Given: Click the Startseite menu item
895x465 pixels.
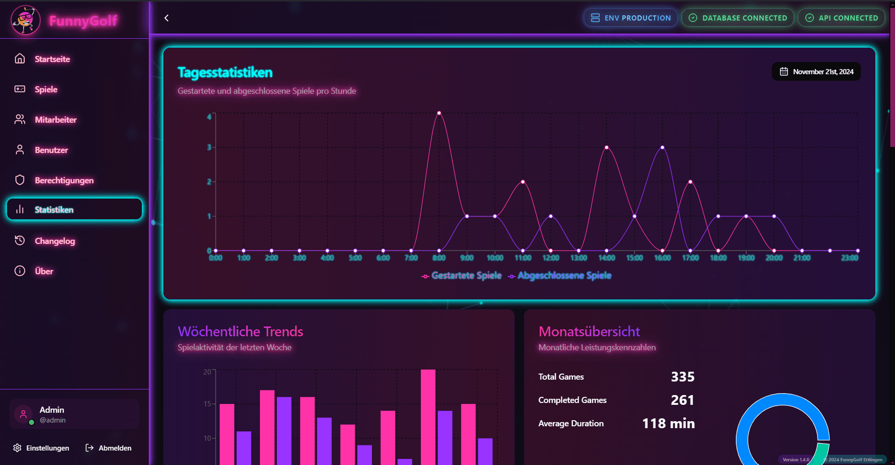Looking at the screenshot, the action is point(52,59).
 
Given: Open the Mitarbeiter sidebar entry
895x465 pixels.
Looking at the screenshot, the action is point(56,120).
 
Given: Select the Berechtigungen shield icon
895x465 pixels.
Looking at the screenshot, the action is point(20,180).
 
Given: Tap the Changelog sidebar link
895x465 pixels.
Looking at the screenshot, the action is point(55,241).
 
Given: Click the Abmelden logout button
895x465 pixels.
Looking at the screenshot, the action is point(109,448).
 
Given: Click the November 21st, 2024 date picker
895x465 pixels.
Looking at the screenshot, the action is point(816,71).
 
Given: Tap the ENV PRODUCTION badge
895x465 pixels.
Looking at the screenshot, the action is point(630,18).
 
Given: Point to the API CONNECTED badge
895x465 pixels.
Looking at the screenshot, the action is point(841,18).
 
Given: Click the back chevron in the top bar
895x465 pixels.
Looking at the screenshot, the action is point(167,18).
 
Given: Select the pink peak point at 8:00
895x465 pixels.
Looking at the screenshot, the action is point(439,113).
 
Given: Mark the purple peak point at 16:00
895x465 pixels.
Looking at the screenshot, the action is point(663,147).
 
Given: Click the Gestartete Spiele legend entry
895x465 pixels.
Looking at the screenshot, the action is point(461,276).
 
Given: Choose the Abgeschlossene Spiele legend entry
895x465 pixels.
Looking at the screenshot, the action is point(559,276).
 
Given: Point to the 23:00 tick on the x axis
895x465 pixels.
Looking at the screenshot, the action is point(850,258).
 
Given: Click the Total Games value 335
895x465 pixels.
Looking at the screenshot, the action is point(683,377).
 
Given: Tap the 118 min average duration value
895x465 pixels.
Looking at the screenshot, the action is point(668,423).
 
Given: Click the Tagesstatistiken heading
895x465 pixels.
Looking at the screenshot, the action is point(225,72).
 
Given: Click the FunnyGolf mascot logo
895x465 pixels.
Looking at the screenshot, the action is point(25,20).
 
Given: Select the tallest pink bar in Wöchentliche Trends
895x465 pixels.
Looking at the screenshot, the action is point(428,417).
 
